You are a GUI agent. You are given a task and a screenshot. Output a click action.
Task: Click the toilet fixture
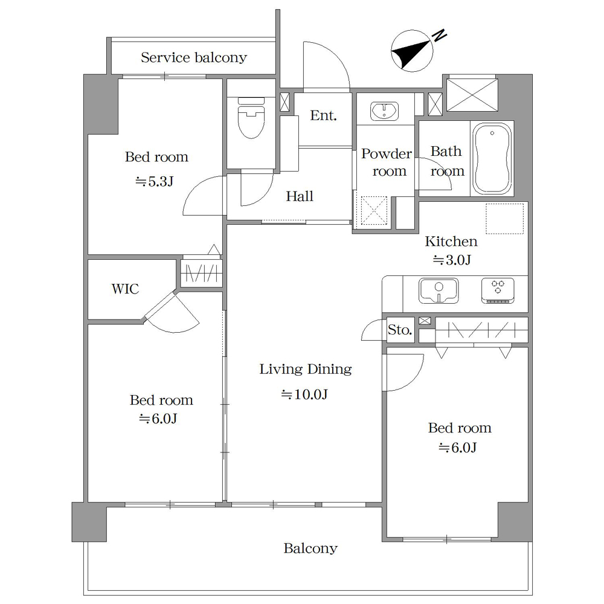click(x=251, y=118)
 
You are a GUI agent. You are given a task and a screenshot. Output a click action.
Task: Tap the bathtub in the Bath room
click(x=492, y=159)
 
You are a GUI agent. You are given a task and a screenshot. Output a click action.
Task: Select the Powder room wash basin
click(x=384, y=111)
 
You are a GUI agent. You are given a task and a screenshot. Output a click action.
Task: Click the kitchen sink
click(x=439, y=291)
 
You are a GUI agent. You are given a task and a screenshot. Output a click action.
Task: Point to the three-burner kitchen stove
click(x=498, y=291)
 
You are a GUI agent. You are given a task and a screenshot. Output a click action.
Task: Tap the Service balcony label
click(x=194, y=58)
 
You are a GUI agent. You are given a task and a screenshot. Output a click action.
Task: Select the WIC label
click(x=125, y=289)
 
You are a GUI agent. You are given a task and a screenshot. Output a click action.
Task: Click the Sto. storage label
click(x=400, y=330)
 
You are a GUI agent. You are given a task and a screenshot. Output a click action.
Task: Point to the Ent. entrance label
click(x=324, y=115)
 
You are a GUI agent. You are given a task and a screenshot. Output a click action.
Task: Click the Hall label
click(x=300, y=196)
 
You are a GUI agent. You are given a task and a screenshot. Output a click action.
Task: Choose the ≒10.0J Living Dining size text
click(x=304, y=394)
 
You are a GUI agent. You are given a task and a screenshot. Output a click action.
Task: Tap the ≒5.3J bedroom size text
click(x=154, y=181)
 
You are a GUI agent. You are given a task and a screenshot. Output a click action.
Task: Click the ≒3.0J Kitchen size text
click(x=452, y=260)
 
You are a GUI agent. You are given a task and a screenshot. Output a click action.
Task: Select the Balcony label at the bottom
click(x=310, y=548)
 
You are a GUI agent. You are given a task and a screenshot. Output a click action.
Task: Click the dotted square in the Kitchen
click(x=504, y=219)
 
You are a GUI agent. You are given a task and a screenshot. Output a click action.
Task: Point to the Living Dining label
click(x=306, y=370)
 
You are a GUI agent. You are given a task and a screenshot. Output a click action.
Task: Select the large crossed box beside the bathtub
click(x=472, y=95)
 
